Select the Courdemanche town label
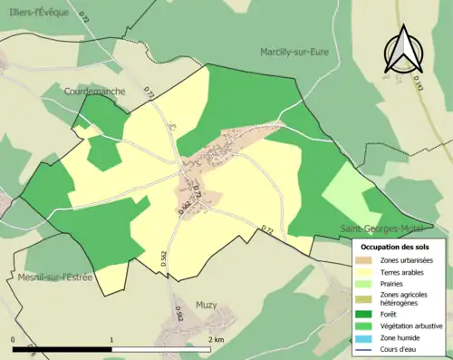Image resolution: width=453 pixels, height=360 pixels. pyautogui.click(x=93, y=92)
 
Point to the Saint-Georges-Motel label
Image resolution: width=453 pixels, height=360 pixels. pyautogui.click(x=379, y=228)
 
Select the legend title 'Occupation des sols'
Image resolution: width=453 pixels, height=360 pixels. pyautogui.click(x=397, y=247)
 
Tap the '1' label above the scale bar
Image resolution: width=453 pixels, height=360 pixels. pyautogui.click(x=111, y=338)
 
